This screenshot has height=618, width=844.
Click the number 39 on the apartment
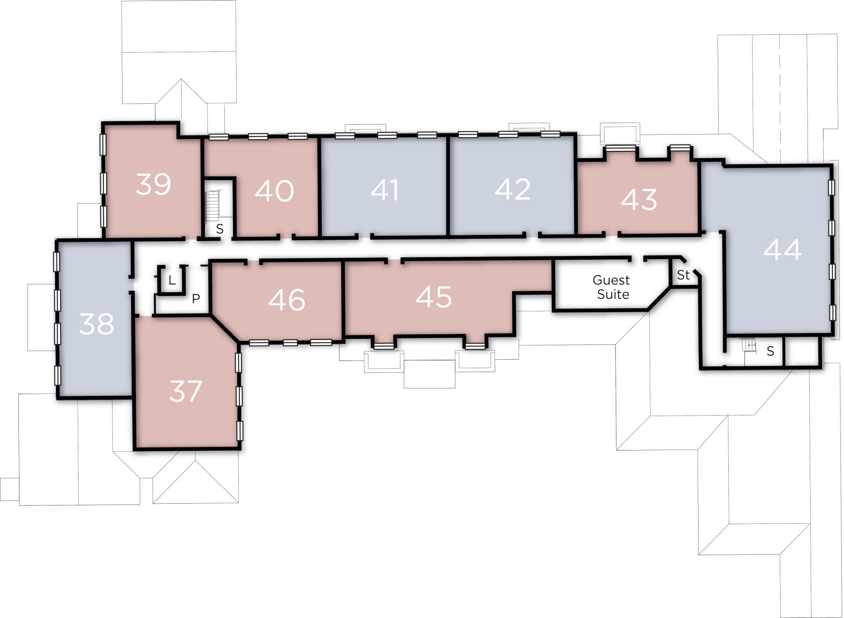pos(153,184)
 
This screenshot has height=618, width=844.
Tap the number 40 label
pos(274,191)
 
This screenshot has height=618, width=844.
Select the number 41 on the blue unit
pos(385,190)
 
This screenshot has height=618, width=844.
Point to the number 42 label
pos(513,190)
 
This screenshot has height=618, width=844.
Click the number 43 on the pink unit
pos(639,199)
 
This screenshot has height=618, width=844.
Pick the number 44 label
pos(782,250)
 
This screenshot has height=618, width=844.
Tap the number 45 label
pos(433,297)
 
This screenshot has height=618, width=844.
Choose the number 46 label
pos(287,300)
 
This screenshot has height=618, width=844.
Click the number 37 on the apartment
pos(186,391)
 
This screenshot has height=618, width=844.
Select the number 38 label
pos(97,324)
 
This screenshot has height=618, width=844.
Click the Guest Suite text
pos(611,287)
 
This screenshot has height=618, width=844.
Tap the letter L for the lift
pos(172,280)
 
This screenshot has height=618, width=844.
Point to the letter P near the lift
pos(196,299)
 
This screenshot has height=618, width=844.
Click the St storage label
pos(683,275)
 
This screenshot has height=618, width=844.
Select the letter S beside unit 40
pos(220,229)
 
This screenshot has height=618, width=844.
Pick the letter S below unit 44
pos(770,351)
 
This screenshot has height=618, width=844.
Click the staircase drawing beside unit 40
pos(212,207)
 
